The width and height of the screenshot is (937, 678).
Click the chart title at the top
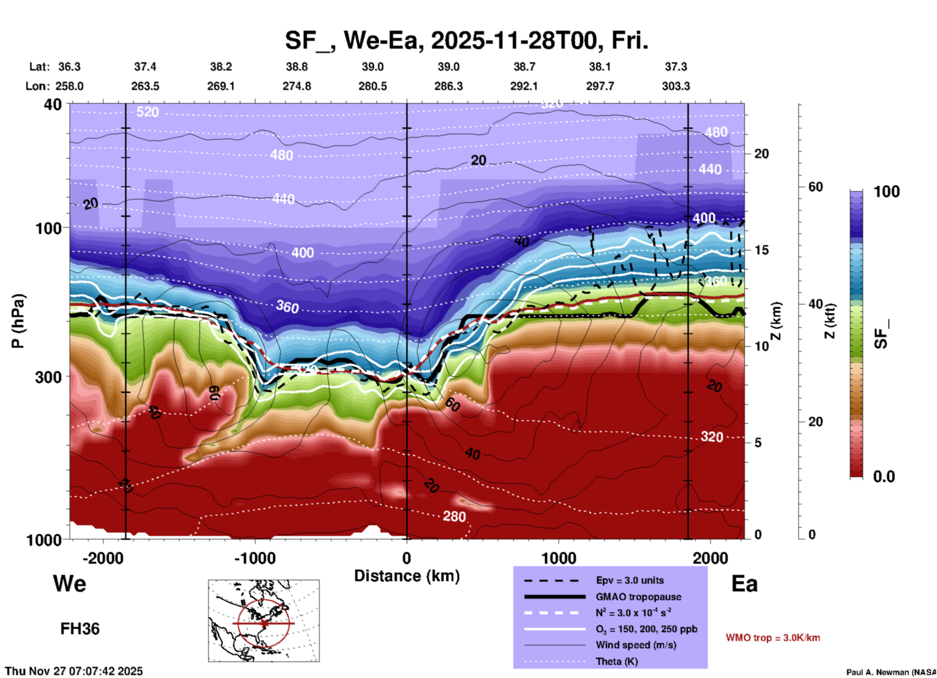tap(466, 40)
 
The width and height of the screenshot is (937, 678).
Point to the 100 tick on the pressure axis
tap(49, 228)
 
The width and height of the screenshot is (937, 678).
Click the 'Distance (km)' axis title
tap(407, 576)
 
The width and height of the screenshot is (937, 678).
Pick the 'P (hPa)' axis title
tap(18, 321)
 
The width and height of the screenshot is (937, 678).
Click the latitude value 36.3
tap(69, 67)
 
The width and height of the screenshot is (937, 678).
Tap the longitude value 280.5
tap(373, 86)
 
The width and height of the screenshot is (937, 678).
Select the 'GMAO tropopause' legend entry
tap(638, 597)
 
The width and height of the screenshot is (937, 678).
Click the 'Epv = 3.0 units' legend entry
tap(630, 580)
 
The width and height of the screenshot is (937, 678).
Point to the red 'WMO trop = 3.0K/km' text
tap(773, 638)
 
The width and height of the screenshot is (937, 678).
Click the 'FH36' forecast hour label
tap(80, 629)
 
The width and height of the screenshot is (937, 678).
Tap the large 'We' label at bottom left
tap(70, 584)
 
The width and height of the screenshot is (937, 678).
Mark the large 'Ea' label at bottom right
tap(744, 584)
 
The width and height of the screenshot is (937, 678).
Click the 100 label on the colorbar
tap(886, 192)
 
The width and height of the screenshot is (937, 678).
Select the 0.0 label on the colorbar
tap(883, 477)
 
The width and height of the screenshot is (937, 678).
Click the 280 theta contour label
tap(454, 516)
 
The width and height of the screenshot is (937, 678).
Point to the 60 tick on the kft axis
tap(815, 187)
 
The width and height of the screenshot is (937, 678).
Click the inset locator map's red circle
tap(264, 623)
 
